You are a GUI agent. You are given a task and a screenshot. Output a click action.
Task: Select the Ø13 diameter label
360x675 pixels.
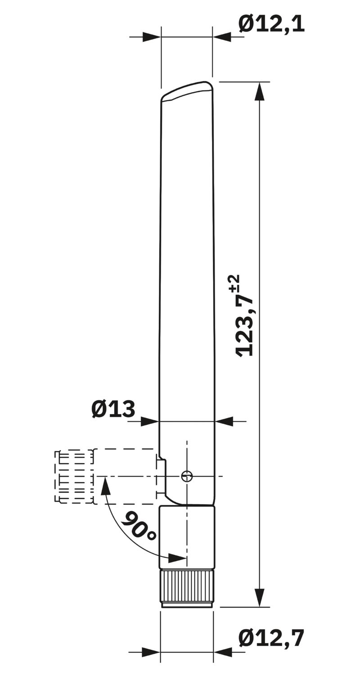click(113, 409)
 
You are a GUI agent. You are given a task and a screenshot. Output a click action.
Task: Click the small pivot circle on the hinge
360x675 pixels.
click(187, 476)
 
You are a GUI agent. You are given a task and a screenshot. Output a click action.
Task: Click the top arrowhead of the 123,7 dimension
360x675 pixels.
click(260, 93)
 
